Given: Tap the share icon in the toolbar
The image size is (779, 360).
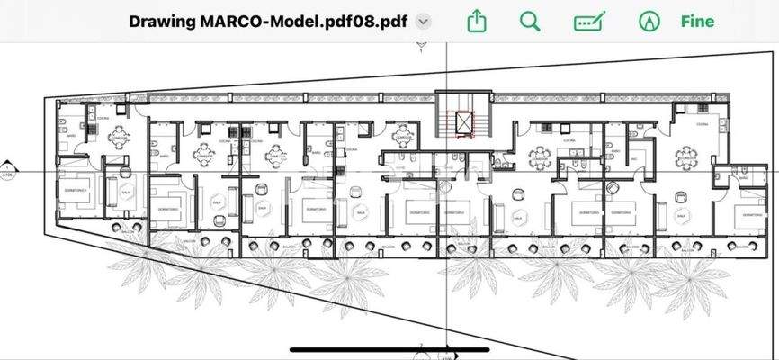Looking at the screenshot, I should point(477,21).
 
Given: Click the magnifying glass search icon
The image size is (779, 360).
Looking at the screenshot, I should point(531,21).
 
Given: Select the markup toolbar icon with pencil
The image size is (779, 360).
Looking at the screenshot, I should point(589,21).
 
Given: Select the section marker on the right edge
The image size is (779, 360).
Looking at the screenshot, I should point(773,170).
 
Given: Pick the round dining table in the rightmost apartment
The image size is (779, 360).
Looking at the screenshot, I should point(687,158).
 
